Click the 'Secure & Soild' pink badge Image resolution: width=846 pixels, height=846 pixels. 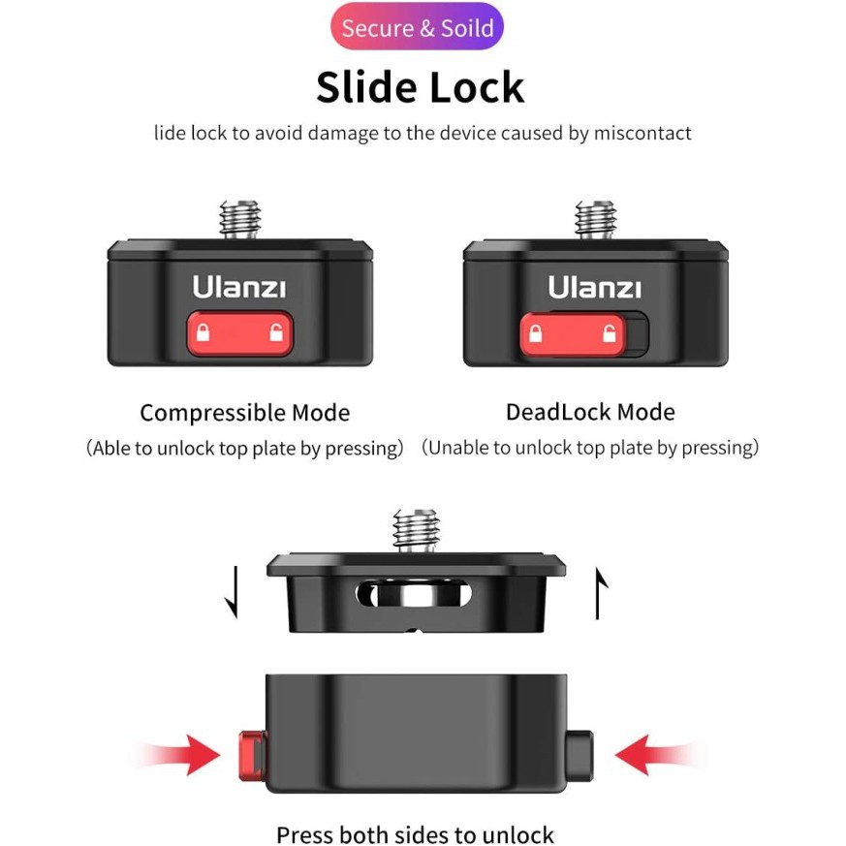417,27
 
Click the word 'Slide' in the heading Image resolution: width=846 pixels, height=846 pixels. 366,87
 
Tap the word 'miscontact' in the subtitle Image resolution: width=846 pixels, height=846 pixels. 642,133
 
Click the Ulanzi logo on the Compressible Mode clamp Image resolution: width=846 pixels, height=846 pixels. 239,287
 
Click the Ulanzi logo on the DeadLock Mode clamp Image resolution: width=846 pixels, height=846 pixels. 595,287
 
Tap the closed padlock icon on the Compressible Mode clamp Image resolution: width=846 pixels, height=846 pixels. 203,332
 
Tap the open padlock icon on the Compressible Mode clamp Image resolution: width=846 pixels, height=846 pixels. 276,332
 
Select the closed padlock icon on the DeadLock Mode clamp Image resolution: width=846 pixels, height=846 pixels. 535,333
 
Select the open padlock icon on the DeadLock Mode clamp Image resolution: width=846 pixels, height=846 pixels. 610,333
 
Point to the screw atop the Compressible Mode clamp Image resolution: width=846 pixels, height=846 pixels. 240,220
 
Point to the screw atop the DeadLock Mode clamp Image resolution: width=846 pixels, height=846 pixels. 596,220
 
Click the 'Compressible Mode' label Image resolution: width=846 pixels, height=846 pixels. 245,413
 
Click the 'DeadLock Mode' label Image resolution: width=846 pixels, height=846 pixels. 590,412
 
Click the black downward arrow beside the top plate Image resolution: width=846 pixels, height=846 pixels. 234,592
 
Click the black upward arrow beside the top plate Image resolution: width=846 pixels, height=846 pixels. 600,593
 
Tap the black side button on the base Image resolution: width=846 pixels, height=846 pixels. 580,755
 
